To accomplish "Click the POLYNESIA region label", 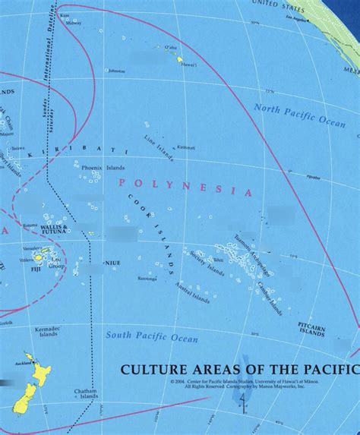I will [185, 187].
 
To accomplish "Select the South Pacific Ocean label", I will [151, 336].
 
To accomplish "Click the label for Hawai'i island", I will [188, 65].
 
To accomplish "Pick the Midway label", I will [73, 23].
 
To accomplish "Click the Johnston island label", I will [116, 71].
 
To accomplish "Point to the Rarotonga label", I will [147, 279].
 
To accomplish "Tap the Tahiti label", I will [218, 260].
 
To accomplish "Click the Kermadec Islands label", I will [46, 331].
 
